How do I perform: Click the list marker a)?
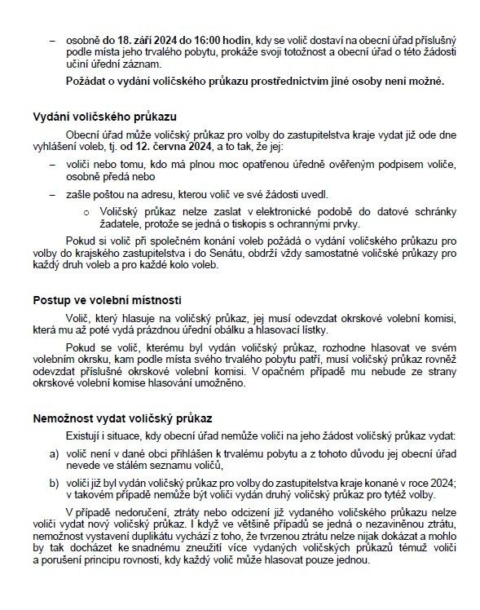pyautogui.click(x=54, y=452)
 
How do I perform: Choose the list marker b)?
pyautogui.click(x=54, y=483)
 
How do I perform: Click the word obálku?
pyautogui.click(x=273, y=329)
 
